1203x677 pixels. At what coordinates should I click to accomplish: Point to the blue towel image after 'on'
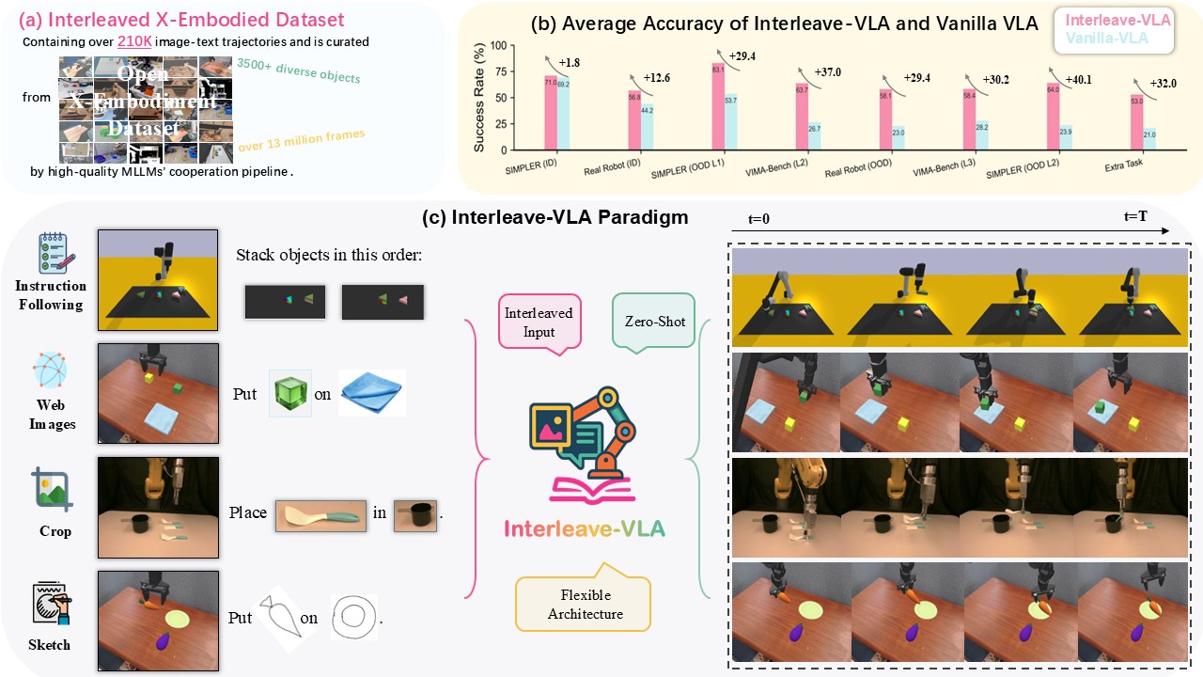[372, 393]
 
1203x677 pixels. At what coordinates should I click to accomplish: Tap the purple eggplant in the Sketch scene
[163, 642]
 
